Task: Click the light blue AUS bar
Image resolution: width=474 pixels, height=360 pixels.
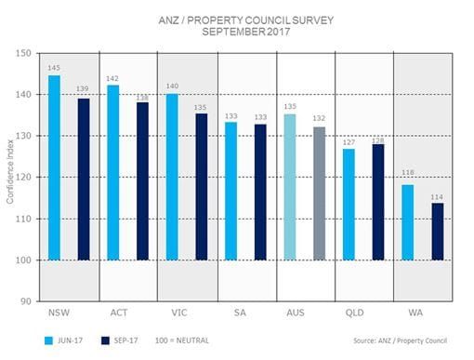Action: coord(290,187)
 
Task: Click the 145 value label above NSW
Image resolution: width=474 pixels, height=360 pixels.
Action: coord(54,68)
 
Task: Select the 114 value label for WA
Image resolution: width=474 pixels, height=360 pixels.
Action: coord(437,195)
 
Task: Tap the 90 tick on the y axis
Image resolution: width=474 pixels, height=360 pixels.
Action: coord(28,301)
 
